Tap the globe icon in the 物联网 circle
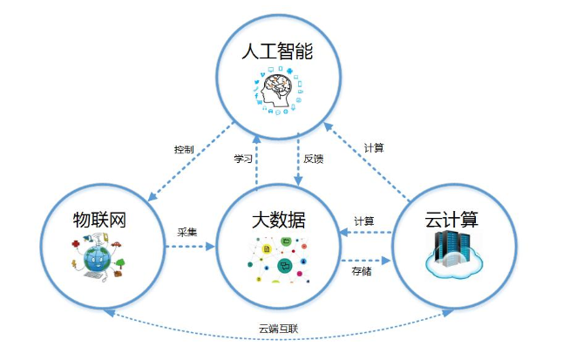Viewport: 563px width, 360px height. coord(96,258)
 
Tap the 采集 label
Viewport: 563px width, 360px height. coord(187,232)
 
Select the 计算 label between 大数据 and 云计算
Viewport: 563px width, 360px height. coord(364,221)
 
